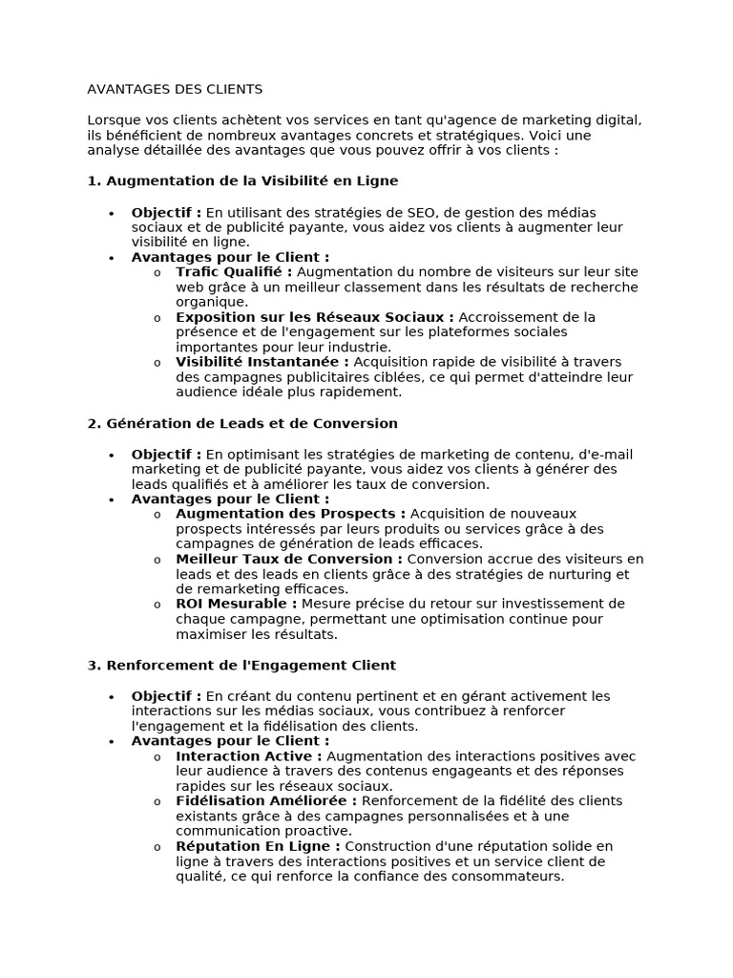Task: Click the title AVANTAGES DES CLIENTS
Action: tap(175, 90)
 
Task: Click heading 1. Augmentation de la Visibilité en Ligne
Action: tap(242, 181)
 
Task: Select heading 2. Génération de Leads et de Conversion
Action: tap(242, 423)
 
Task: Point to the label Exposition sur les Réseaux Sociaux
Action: tap(315, 317)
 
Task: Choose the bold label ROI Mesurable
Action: tap(236, 604)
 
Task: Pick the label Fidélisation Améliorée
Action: tap(266, 801)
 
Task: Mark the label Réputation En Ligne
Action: tap(258, 846)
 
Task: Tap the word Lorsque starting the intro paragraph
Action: tap(113, 120)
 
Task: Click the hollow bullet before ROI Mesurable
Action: tap(157, 605)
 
